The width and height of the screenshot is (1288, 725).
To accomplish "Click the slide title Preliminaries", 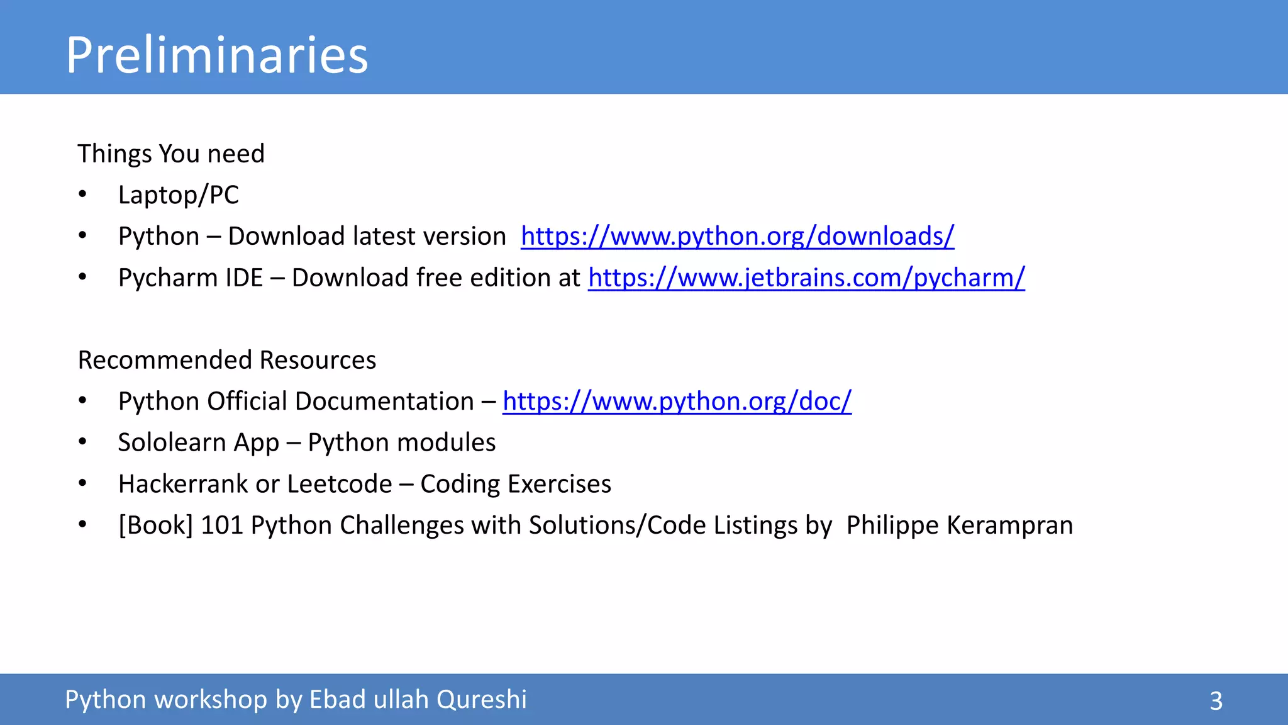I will (x=216, y=55).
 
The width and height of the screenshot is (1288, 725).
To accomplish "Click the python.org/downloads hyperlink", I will (x=737, y=237).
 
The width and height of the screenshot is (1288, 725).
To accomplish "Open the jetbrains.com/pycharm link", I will (x=806, y=278).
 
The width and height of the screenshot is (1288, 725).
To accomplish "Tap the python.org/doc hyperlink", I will (x=677, y=402).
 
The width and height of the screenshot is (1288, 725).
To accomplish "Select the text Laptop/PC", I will (x=178, y=195).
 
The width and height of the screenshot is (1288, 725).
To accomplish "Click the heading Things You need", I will (x=171, y=154).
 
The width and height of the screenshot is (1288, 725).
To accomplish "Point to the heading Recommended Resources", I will (x=226, y=360).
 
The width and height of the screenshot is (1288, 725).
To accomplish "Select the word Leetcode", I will (x=340, y=484).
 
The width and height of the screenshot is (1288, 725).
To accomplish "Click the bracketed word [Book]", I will (x=155, y=525).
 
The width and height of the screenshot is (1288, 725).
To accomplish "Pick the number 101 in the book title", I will (x=221, y=525).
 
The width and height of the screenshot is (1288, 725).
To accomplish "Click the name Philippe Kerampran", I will (x=959, y=525).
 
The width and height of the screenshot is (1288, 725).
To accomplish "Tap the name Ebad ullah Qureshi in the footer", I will (x=418, y=700).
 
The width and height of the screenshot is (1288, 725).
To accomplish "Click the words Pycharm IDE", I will (x=190, y=278).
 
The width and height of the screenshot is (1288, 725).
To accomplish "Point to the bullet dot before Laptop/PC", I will (x=82, y=194).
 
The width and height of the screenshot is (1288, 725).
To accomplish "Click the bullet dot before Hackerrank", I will (x=82, y=483).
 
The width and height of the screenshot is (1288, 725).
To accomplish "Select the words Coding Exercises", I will (x=516, y=484).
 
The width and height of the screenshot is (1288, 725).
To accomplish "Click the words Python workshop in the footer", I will (x=166, y=700).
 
